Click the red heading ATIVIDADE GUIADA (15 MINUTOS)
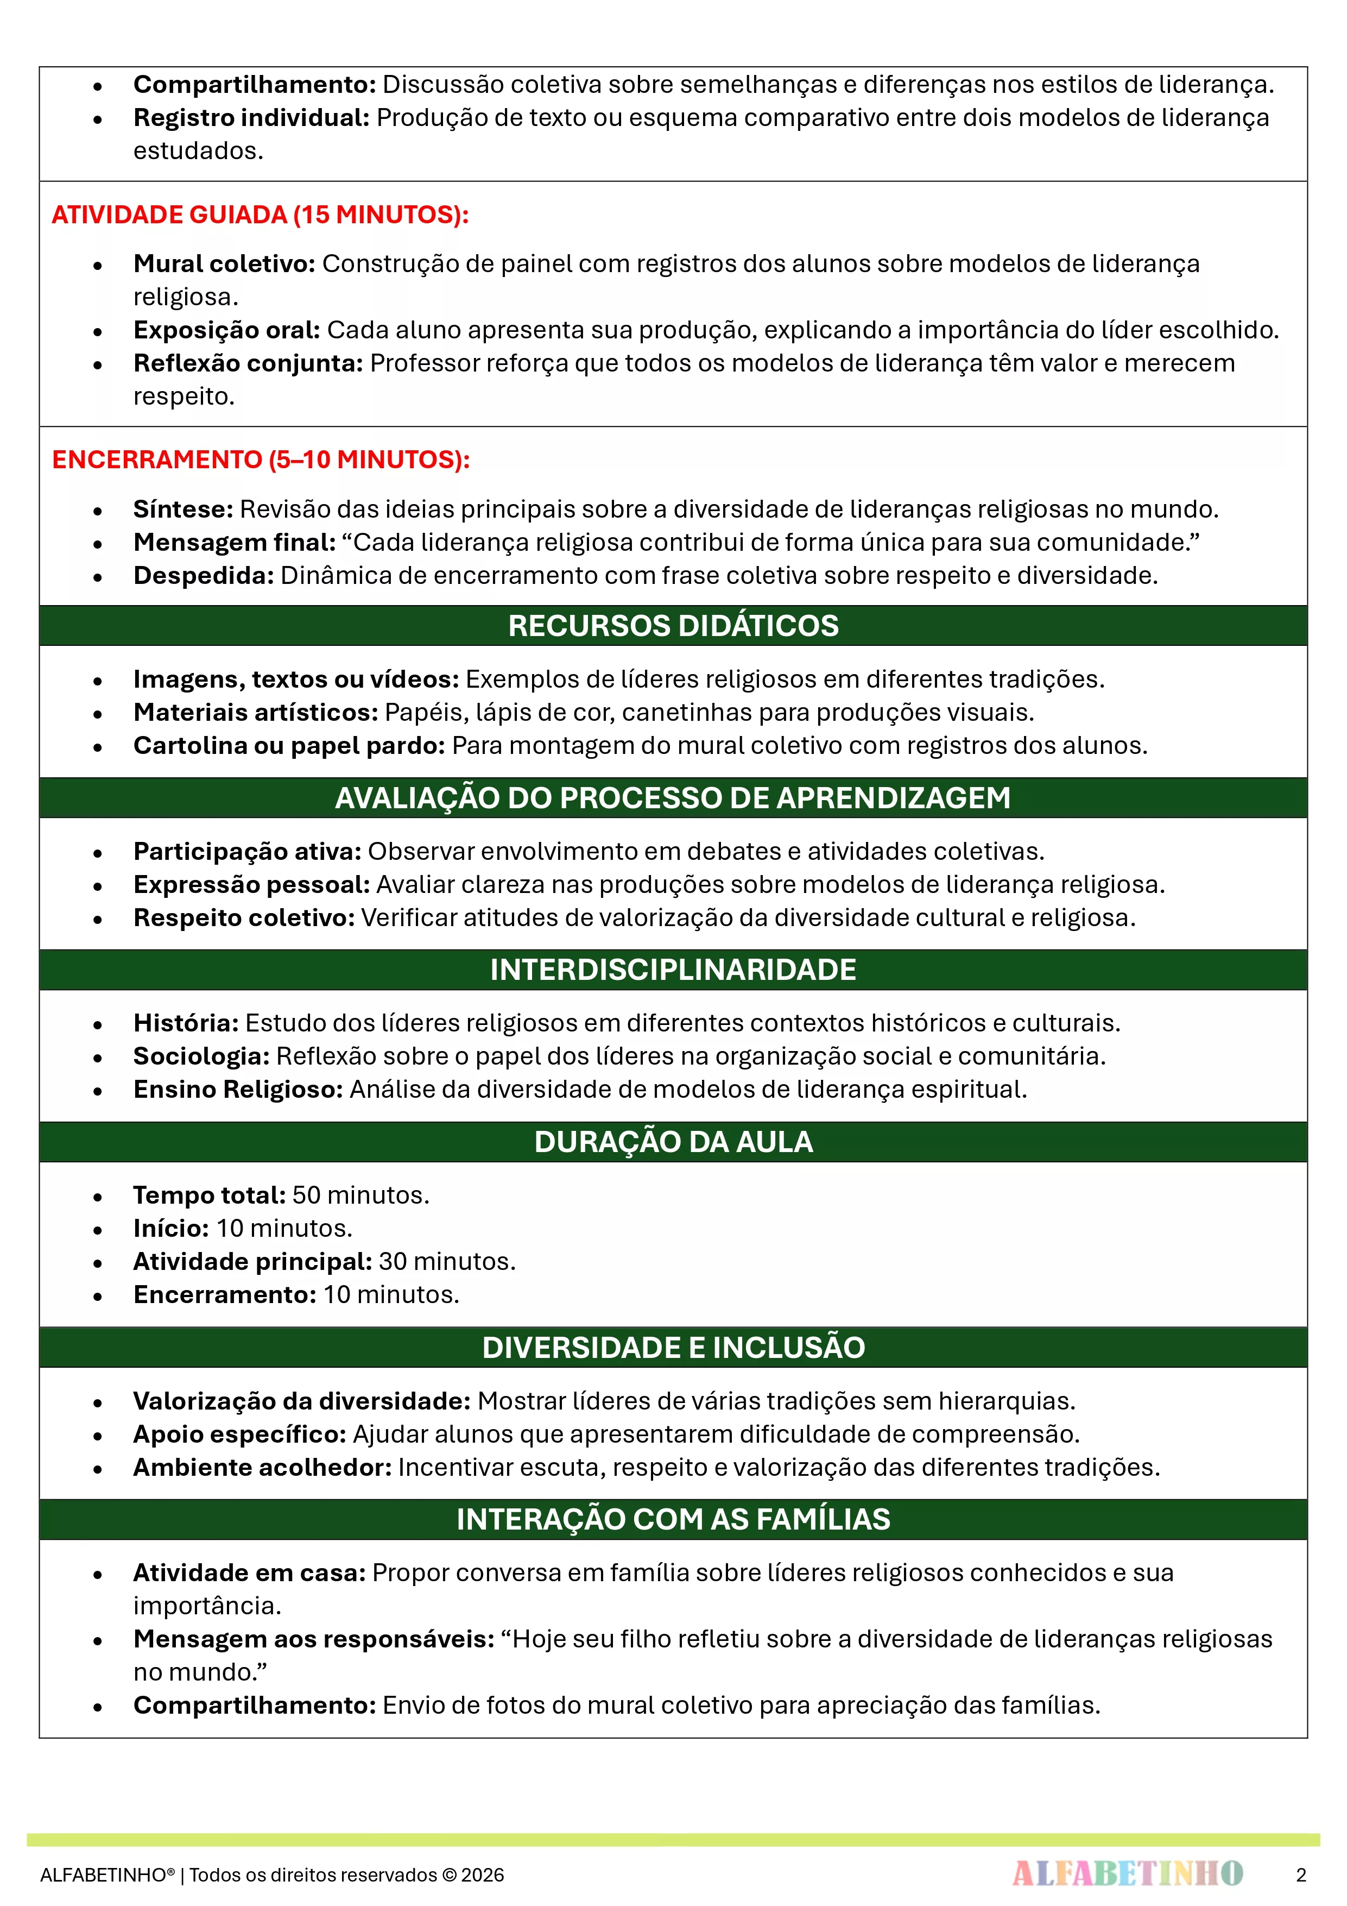(x=260, y=215)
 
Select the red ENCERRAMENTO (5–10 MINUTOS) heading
(x=261, y=460)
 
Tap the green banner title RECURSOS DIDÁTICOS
(x=673, y=626)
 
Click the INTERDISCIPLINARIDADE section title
(x=673, y=970)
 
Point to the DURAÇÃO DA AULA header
(x=673, y=1142)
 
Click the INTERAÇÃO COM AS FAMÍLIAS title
(x=673, y=1520)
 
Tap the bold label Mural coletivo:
(x=224, y=264)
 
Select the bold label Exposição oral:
(x=226, y=330)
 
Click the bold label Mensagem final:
(x=234, y=543)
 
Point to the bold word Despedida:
(x=204, y=576)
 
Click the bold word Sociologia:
(x=201, y=1057)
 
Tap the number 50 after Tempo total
(x=306, y=1196)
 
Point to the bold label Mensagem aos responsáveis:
(x=314, y=1639)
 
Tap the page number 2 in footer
(x=1300, y=1875)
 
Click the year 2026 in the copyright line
(x=483, y=1875)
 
